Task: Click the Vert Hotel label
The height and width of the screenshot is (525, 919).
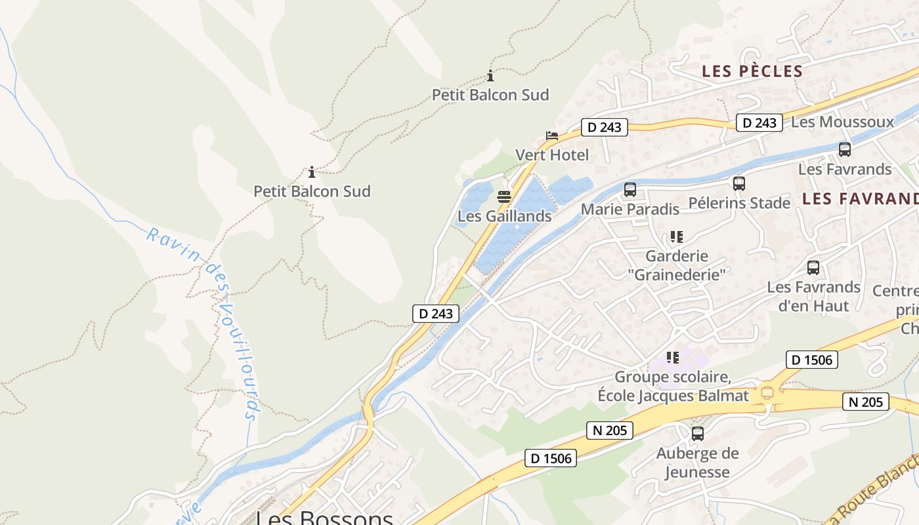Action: (x=552, y=156)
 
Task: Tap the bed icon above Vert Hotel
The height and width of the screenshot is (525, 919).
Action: (x=552, y=136)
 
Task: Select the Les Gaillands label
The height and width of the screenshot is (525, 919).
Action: (x=504, y=216)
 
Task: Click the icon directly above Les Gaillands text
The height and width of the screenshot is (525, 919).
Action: (x=504, y=196)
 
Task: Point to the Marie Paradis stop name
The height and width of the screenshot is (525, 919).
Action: (x=630, y=209)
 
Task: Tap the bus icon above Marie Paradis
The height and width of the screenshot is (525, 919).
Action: (x=630, y=190)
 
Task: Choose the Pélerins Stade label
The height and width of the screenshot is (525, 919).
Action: (x=739, y=203)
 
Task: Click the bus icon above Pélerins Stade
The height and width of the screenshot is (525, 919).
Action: (x=739, y=184)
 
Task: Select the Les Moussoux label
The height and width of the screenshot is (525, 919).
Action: (x=842, y=122)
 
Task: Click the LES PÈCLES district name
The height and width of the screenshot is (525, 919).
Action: (x=752, y=71)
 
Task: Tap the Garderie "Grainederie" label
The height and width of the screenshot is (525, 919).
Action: (x=677, y=265)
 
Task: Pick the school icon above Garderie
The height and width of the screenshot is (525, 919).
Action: (x=677, y=236)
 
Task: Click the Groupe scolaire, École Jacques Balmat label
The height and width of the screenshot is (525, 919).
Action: (x=673, y=387)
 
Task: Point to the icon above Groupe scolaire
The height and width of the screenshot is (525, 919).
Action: (x=673, y=358)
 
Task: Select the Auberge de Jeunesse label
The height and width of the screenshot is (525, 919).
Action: (x=697, y=463)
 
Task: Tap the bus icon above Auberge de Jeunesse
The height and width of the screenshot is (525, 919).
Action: (x=697, y=433)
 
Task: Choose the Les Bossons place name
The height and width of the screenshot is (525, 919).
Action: (x=324, y=517)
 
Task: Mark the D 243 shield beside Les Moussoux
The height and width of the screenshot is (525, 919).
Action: (x=759, y=123)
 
